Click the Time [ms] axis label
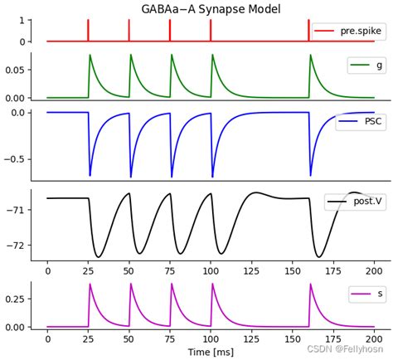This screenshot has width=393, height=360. click(x=211, y=353)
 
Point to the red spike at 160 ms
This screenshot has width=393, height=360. click(x=310, y=30)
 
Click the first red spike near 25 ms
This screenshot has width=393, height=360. click(x=88, y=30)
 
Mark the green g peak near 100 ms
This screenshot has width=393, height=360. click(x=212, y=56)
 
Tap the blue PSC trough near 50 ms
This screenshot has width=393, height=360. click(x=131, y=176)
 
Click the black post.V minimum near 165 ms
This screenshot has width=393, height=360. click(x=318, y=255)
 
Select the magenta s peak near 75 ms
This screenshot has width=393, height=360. click(x=172, y=285)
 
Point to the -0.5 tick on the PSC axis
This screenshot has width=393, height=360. click(x=14, y=159)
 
